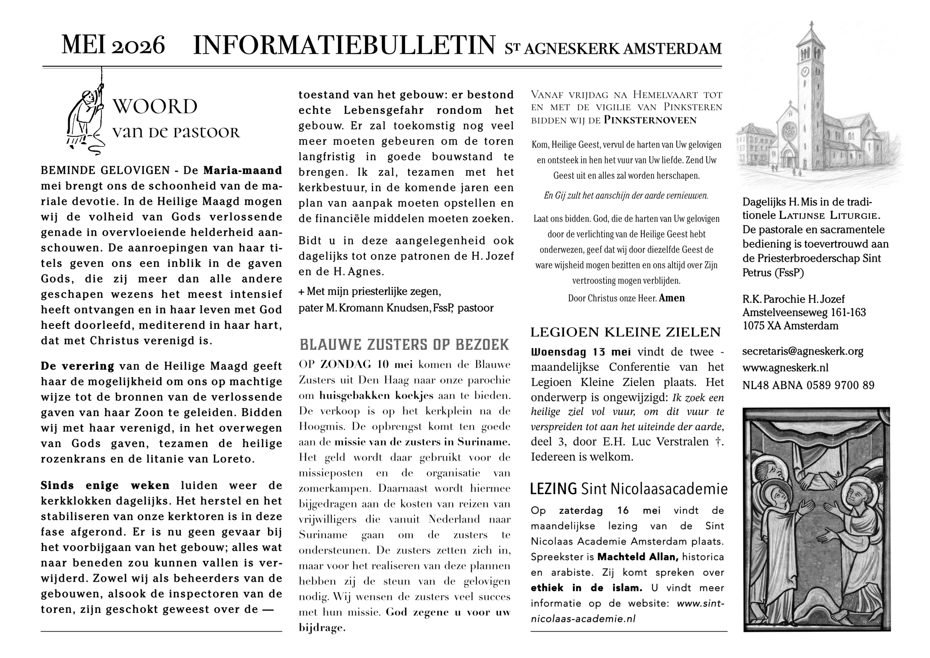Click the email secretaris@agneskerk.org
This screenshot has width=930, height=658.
click(x=802, y=351)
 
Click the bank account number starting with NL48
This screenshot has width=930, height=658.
click(x=808, y=385)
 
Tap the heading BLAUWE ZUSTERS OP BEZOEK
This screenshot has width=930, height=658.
click(x=404, y=345)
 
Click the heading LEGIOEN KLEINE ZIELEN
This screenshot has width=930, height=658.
click(x=626, y=332)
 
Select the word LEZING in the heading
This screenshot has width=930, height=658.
click(x=553, y=489)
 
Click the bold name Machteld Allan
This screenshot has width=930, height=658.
click(x=638, y=557)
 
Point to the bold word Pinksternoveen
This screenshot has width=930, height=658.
click(x=650, y=120)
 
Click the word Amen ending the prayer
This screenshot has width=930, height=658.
click(x=672, y=298)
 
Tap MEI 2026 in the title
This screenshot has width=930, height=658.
click(x=113, y=45)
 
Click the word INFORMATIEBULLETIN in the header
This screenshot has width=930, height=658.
click(x=344, y=45)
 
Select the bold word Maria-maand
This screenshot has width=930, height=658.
click(x=242, y=170)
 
